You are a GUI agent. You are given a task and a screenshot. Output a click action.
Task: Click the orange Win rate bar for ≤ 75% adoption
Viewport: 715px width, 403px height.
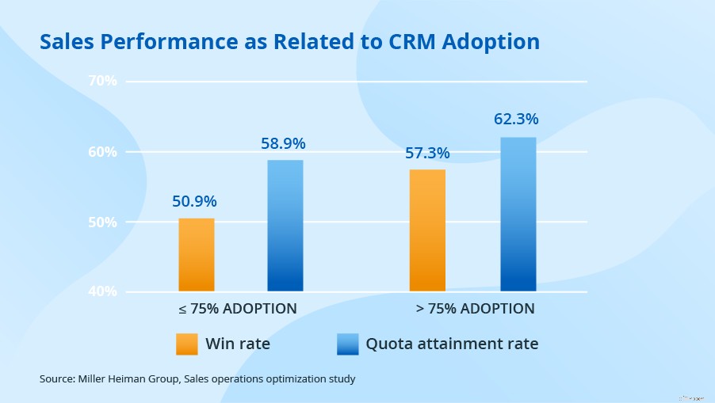point(196,254)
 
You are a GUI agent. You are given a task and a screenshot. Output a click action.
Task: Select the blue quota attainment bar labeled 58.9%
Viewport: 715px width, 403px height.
point(285,226)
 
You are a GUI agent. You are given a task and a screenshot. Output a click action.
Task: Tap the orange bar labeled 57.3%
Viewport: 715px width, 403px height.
point(427,230)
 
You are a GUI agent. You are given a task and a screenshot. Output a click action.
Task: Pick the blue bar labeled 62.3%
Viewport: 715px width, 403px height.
point(518,214)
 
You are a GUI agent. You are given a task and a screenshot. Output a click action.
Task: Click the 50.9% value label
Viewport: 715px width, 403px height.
point(195,201)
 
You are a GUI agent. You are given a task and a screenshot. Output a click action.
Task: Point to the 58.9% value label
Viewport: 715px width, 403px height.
point(283,144)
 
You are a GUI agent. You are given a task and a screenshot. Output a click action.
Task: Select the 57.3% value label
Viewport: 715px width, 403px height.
point(427,153)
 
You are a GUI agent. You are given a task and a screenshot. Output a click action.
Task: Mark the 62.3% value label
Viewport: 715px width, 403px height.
point(516,120)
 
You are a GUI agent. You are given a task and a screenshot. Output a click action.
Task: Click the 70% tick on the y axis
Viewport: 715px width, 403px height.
point(102,81)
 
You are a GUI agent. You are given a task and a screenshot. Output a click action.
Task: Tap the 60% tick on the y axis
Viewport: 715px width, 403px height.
point(102,151)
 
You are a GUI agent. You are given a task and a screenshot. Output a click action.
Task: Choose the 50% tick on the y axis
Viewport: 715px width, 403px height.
point(102,222)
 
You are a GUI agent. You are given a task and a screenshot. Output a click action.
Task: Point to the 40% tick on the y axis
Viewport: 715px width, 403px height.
point(102,291)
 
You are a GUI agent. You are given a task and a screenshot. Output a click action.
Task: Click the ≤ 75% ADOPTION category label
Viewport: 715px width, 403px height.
point(237,308)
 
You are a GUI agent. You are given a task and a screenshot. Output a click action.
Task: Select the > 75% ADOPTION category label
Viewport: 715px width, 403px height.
point(474,308)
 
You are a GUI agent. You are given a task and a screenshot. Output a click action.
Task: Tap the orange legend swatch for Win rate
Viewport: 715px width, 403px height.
point(187,344)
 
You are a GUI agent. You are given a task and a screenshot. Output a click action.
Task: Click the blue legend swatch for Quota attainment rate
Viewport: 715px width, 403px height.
point(348,344)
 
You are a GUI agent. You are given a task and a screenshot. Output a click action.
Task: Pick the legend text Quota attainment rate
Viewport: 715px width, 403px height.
point(452,344)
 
